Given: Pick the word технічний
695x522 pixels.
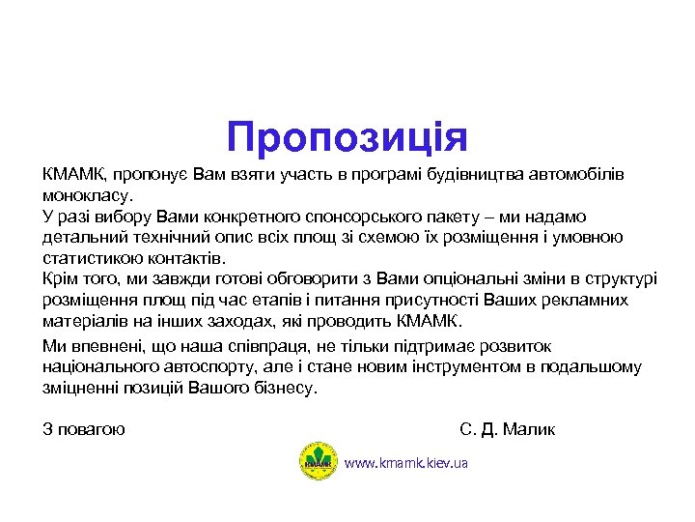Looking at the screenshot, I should (159, 238).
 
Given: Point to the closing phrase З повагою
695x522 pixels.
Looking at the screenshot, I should (84, 429).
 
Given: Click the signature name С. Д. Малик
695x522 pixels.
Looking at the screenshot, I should (508, 429).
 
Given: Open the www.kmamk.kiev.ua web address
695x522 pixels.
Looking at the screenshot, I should (405, 464).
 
